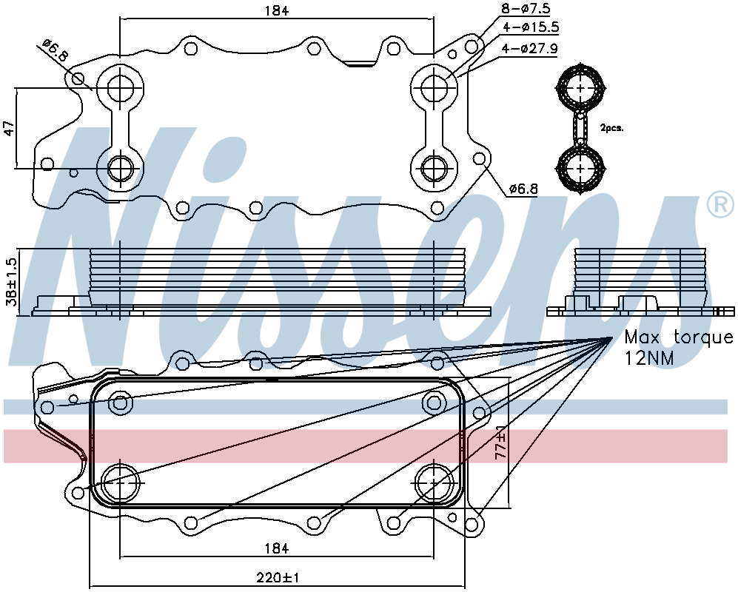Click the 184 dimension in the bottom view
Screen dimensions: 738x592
coord(276,548)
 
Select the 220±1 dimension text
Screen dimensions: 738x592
coord(278,577)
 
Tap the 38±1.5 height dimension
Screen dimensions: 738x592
coord(10,281)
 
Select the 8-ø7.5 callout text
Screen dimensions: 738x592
coord(526,8)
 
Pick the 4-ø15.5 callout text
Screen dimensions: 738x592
coord(531,28)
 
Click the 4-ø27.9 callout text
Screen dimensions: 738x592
coord(530,49)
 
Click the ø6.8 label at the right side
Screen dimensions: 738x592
coord(523,189)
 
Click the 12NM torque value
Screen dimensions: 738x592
coord(649,358)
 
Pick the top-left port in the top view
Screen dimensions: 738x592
coord(120,87)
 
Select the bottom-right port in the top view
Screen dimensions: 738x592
coord(434,168)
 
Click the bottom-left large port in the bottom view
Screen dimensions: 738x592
coord(120,483)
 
